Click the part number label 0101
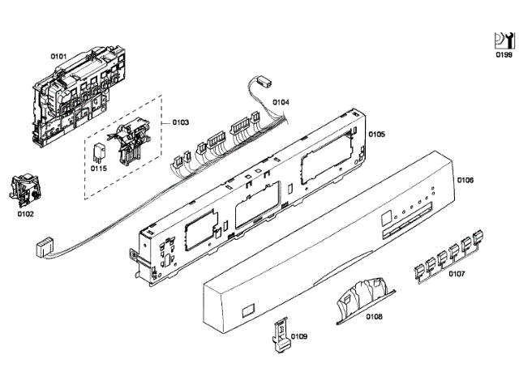click(58, 56)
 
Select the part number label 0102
click(26, 215)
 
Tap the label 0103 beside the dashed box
click(180, 122)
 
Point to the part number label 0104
click(281, 102)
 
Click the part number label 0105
click(376, 133)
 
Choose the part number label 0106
click(465, 180)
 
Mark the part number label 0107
click(457, 273)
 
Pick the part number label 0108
click(374, 316)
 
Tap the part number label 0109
click(299, 336)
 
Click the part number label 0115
click(98, 168)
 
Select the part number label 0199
click(504, 55)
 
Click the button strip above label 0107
click(452, 252)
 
